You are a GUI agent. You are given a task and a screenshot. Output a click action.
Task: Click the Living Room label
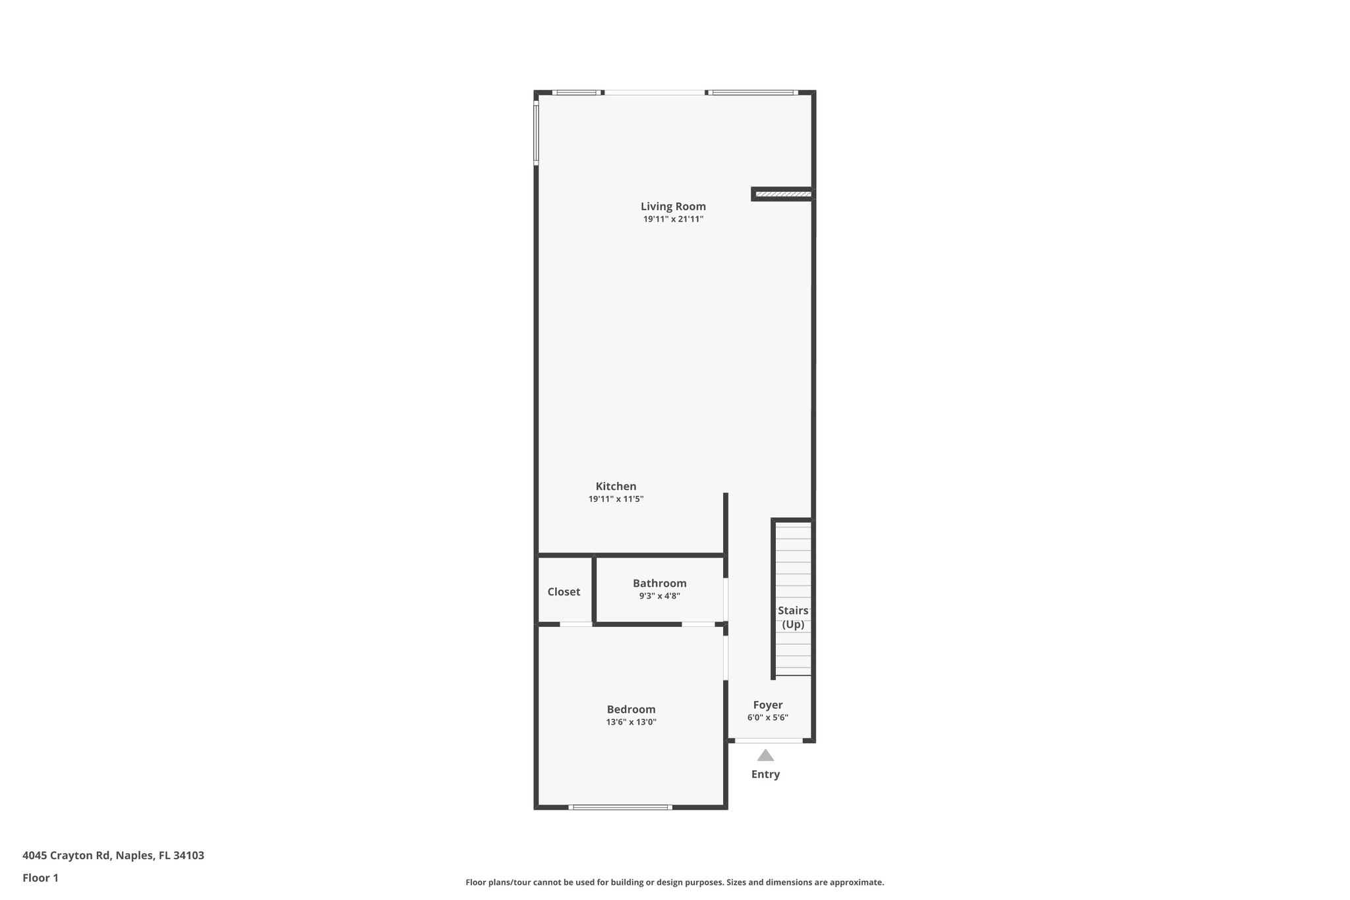pos(673,206)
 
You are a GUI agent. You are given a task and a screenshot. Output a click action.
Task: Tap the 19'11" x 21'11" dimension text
pos(673,220)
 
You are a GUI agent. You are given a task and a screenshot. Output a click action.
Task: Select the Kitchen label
pos(616,487)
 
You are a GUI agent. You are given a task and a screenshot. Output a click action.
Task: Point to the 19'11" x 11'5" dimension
pos(616,499)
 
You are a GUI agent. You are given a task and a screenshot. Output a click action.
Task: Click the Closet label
pos(564,591)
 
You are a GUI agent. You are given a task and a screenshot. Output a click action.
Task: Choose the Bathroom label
pos(659,583)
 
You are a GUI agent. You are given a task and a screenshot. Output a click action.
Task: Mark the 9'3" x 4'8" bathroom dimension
pos(659,596)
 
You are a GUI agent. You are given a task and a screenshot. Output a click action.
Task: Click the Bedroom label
pos(631,709)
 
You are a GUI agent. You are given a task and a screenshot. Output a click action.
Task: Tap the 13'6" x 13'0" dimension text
pos(631,722)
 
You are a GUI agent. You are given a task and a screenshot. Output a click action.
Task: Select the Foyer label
pos(767,705)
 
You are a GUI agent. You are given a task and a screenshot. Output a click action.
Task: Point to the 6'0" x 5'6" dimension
pos(767,718)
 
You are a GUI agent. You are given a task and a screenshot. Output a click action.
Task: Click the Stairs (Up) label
pos(793,617)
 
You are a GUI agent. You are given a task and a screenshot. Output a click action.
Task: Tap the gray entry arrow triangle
pos(765,756)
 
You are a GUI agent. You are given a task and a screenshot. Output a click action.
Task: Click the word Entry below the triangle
pos(765,774)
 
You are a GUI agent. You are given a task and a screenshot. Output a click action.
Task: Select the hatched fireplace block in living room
pos(782,194)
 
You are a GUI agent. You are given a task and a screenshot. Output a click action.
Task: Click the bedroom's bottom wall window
pos(620,807)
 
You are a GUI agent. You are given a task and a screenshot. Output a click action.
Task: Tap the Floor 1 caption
pos(40,878)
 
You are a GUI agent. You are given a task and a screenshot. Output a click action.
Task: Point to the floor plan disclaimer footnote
pos(674,882)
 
